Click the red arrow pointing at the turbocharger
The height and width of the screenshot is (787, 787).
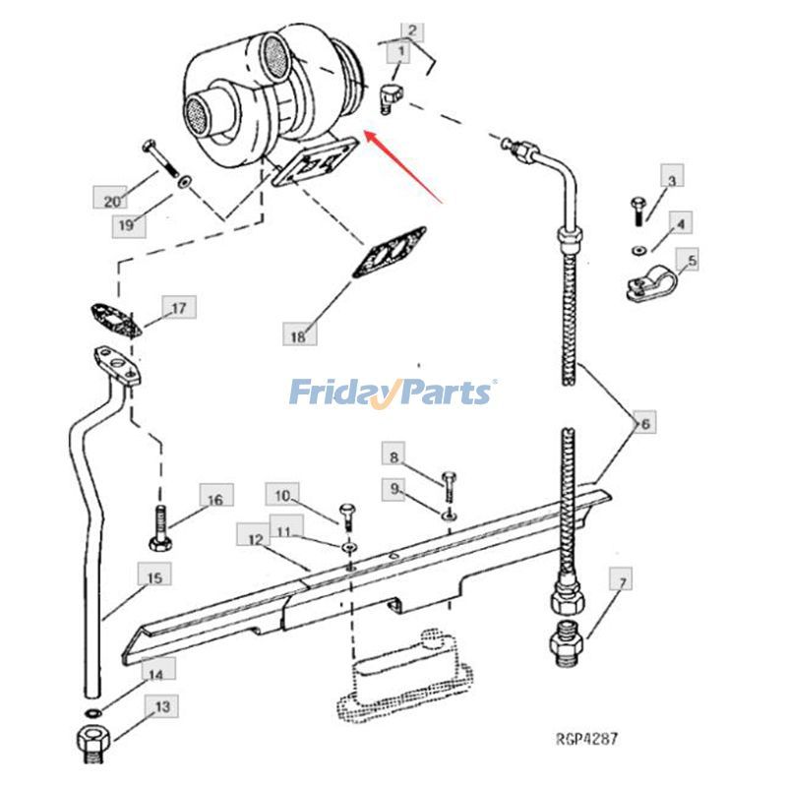click(403, 166)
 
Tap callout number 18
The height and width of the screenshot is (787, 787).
click(298, 335)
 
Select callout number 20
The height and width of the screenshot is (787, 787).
click(112, 202)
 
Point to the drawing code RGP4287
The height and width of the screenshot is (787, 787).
click(586, 739)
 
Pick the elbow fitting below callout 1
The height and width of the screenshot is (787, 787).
click(391, 98)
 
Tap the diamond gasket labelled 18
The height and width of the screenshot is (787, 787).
click(390, 253)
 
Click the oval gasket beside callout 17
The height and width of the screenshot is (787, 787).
click(115, 321)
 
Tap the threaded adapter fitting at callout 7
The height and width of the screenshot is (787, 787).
click(568, 644)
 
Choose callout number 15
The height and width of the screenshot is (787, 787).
click(154, 577)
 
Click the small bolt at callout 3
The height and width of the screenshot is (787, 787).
click(637, 212)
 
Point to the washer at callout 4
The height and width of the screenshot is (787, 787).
click(638, 249)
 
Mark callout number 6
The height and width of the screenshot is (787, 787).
click(645, 424)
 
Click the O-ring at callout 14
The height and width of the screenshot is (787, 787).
click(92, 712)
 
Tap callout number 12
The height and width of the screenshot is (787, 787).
click(256, 540)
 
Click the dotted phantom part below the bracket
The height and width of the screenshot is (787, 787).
click(405, 677)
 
